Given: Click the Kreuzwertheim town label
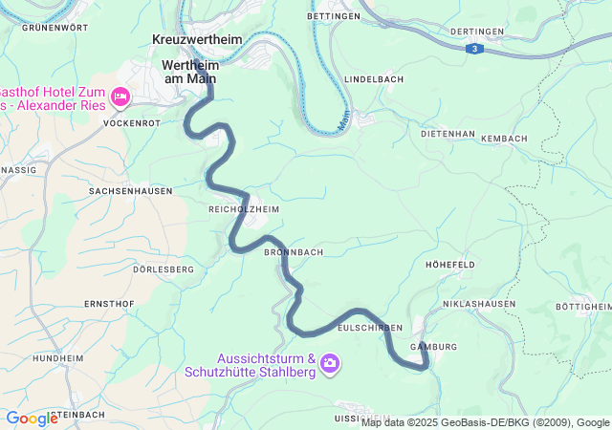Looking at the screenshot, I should (x=198, y=40).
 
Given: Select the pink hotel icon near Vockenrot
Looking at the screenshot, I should (x=120, y=96).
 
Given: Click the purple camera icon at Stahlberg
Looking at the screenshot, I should (x=330, y=362).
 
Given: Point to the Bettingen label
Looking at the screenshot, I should (x=334, y=16).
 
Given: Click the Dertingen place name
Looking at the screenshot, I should (x=474, y=32).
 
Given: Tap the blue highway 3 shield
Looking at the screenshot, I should (x=473, y=48).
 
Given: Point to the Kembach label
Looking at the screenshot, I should (x=504, y=139).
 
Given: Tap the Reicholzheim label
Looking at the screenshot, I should (x=244, y=207).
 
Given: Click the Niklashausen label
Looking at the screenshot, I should (x=479, y=304).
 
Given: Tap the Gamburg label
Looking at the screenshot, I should (x=433, y=346).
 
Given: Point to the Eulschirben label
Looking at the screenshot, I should (x=370, y=327).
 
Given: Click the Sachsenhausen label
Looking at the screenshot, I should (x=130, y=191).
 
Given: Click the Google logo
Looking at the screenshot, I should (x=32, y=419).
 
